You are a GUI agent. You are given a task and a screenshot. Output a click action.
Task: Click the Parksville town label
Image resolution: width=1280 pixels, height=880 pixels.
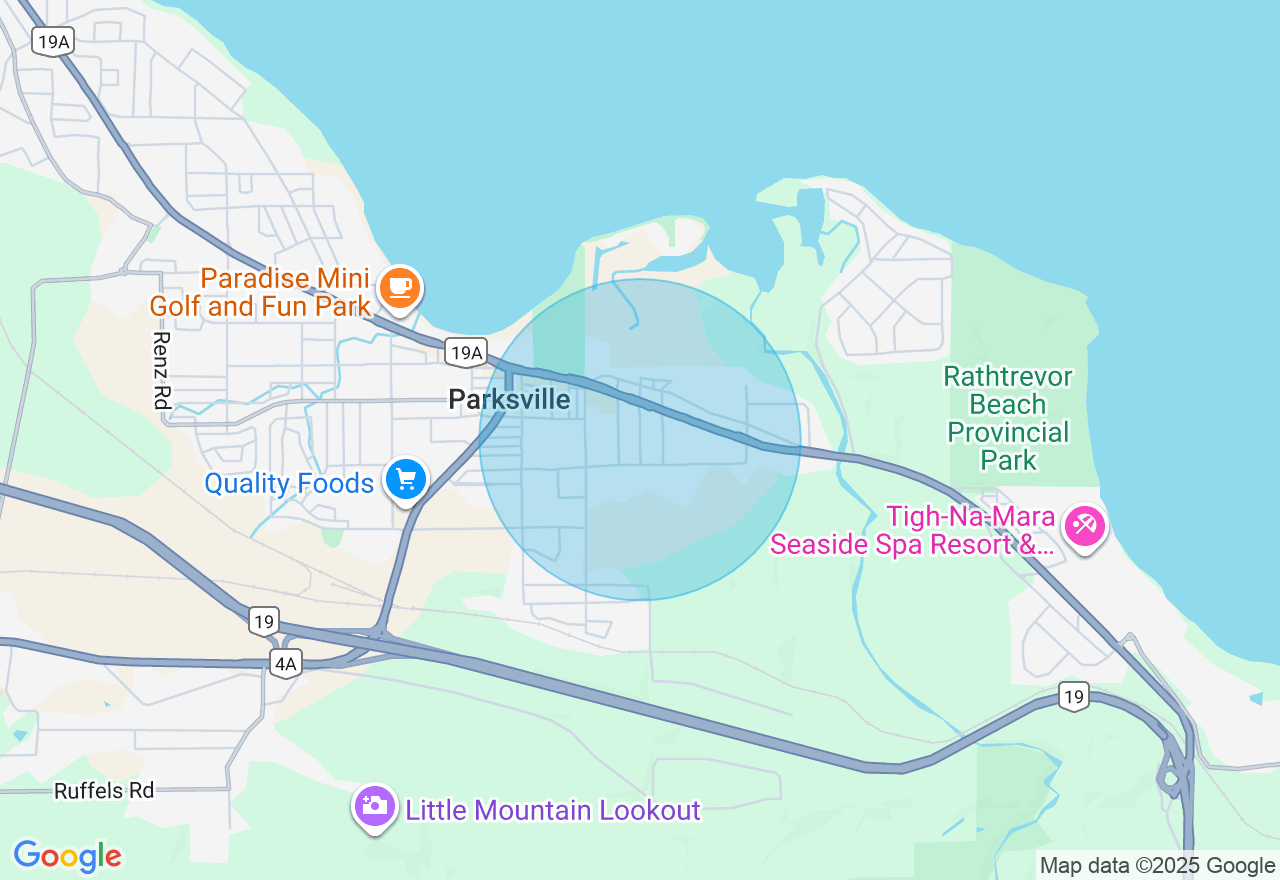click(x=509, y=400)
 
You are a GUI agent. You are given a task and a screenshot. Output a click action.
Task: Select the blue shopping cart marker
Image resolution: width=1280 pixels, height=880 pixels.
click(x=406, y=481)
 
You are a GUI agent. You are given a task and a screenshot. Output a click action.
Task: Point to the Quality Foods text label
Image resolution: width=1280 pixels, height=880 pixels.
click(x=289, y=484)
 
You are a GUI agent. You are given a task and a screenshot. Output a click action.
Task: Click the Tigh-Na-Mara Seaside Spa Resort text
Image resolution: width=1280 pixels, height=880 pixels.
click(x=912, y=531)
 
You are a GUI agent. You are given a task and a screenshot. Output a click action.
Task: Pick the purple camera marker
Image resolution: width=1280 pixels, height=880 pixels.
click(x=375, y=806)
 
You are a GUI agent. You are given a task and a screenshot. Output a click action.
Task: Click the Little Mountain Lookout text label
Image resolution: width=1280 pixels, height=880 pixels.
click(x=552, y=809)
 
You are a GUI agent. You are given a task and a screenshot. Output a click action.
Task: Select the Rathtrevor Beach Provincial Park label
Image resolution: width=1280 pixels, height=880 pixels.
click(x=1008, y=418)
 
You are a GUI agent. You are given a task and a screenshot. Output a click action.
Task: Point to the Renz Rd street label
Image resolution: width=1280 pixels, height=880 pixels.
click(x=161, y=369)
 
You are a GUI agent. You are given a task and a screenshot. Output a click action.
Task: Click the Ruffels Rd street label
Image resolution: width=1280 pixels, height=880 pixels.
click(x=104, y=791)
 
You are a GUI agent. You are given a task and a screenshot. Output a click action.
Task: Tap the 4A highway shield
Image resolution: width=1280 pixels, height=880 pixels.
click(x=286, y=663)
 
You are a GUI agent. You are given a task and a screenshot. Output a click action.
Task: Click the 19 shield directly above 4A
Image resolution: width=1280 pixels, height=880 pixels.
click(x=263, y=621)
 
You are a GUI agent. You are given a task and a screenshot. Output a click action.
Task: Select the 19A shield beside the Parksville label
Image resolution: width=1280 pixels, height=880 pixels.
click(x=467, y=352)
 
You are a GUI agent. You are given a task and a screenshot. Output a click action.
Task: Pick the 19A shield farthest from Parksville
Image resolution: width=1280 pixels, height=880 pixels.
click(x=52, y=41)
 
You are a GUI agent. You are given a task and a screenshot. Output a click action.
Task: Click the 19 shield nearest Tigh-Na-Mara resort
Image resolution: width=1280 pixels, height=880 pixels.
click(x=1074, y=697)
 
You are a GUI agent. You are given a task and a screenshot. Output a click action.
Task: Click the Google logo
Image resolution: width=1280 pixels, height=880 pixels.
click(x=67, y=856)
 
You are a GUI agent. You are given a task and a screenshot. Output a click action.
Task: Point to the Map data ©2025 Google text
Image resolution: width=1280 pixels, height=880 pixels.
click(x=1157, y=866)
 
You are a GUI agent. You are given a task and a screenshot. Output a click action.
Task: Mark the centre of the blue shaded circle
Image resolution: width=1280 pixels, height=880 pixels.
click(x=640, y=439)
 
